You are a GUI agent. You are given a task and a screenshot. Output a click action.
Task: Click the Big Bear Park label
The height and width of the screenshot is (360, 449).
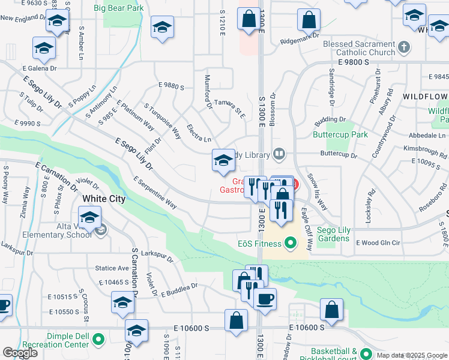(x=118, y=8)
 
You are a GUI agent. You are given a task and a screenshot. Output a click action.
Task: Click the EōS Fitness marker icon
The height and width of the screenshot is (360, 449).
(x=291, y=243)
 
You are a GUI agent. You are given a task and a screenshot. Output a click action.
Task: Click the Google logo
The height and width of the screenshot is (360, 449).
(x=20, y=353)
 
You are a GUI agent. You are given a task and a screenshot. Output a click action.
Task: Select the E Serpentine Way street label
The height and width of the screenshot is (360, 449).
(x=155, y=193)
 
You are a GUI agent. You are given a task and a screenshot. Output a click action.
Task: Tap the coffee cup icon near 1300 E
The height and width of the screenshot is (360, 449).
(x=265, y=298)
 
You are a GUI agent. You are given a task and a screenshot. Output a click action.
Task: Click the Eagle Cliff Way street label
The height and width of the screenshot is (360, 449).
(x=306, y=229)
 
